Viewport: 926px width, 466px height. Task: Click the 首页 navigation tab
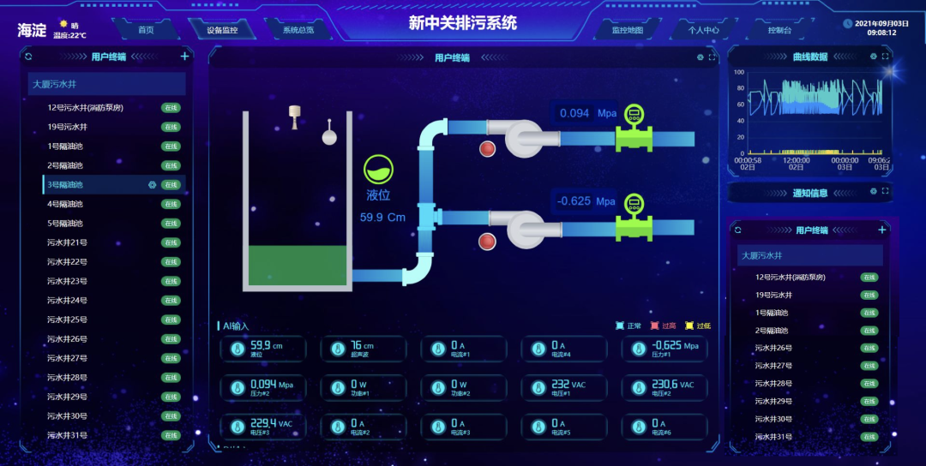[146, 30]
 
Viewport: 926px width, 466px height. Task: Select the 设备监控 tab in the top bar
[222, 30]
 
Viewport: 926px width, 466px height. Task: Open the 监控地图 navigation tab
[627, 30]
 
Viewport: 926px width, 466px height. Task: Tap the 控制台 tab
[779, 30]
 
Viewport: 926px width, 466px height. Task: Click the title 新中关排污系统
[462, 23]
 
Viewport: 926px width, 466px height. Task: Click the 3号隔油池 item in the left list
[65, 185]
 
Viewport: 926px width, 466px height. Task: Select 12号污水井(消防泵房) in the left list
[86, 108]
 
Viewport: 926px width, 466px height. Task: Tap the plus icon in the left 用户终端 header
[184, 57]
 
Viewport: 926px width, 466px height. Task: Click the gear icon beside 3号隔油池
[152, 185]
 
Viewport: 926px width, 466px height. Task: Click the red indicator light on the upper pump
[488, 148]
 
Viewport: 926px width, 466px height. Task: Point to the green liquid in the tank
[297, 265]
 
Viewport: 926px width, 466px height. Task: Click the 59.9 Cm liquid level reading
[382, 218]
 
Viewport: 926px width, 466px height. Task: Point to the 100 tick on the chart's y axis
[738, 73]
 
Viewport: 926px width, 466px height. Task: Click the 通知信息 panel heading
[809, 194]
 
